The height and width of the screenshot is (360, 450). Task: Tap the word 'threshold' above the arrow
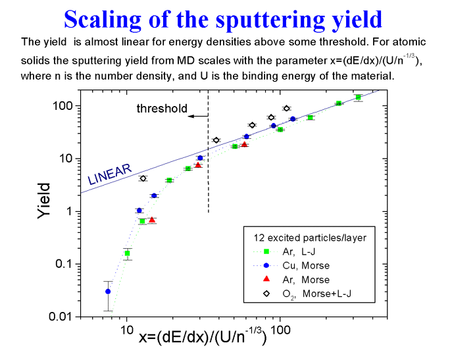pyautogui.click(x=162, y=109)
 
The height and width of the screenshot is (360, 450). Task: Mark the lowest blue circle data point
pyautogui.click(x=108, y=292)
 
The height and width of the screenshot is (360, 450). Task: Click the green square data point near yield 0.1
pyautogui.click(x=127, y=253)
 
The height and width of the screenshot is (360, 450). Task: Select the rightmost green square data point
pyautogui.click(x=358, y=97)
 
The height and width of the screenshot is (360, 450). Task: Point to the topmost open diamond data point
pyautogui.click(x=286, y=109)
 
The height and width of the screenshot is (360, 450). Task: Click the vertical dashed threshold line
pyautogui.click(x=208, y=165)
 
